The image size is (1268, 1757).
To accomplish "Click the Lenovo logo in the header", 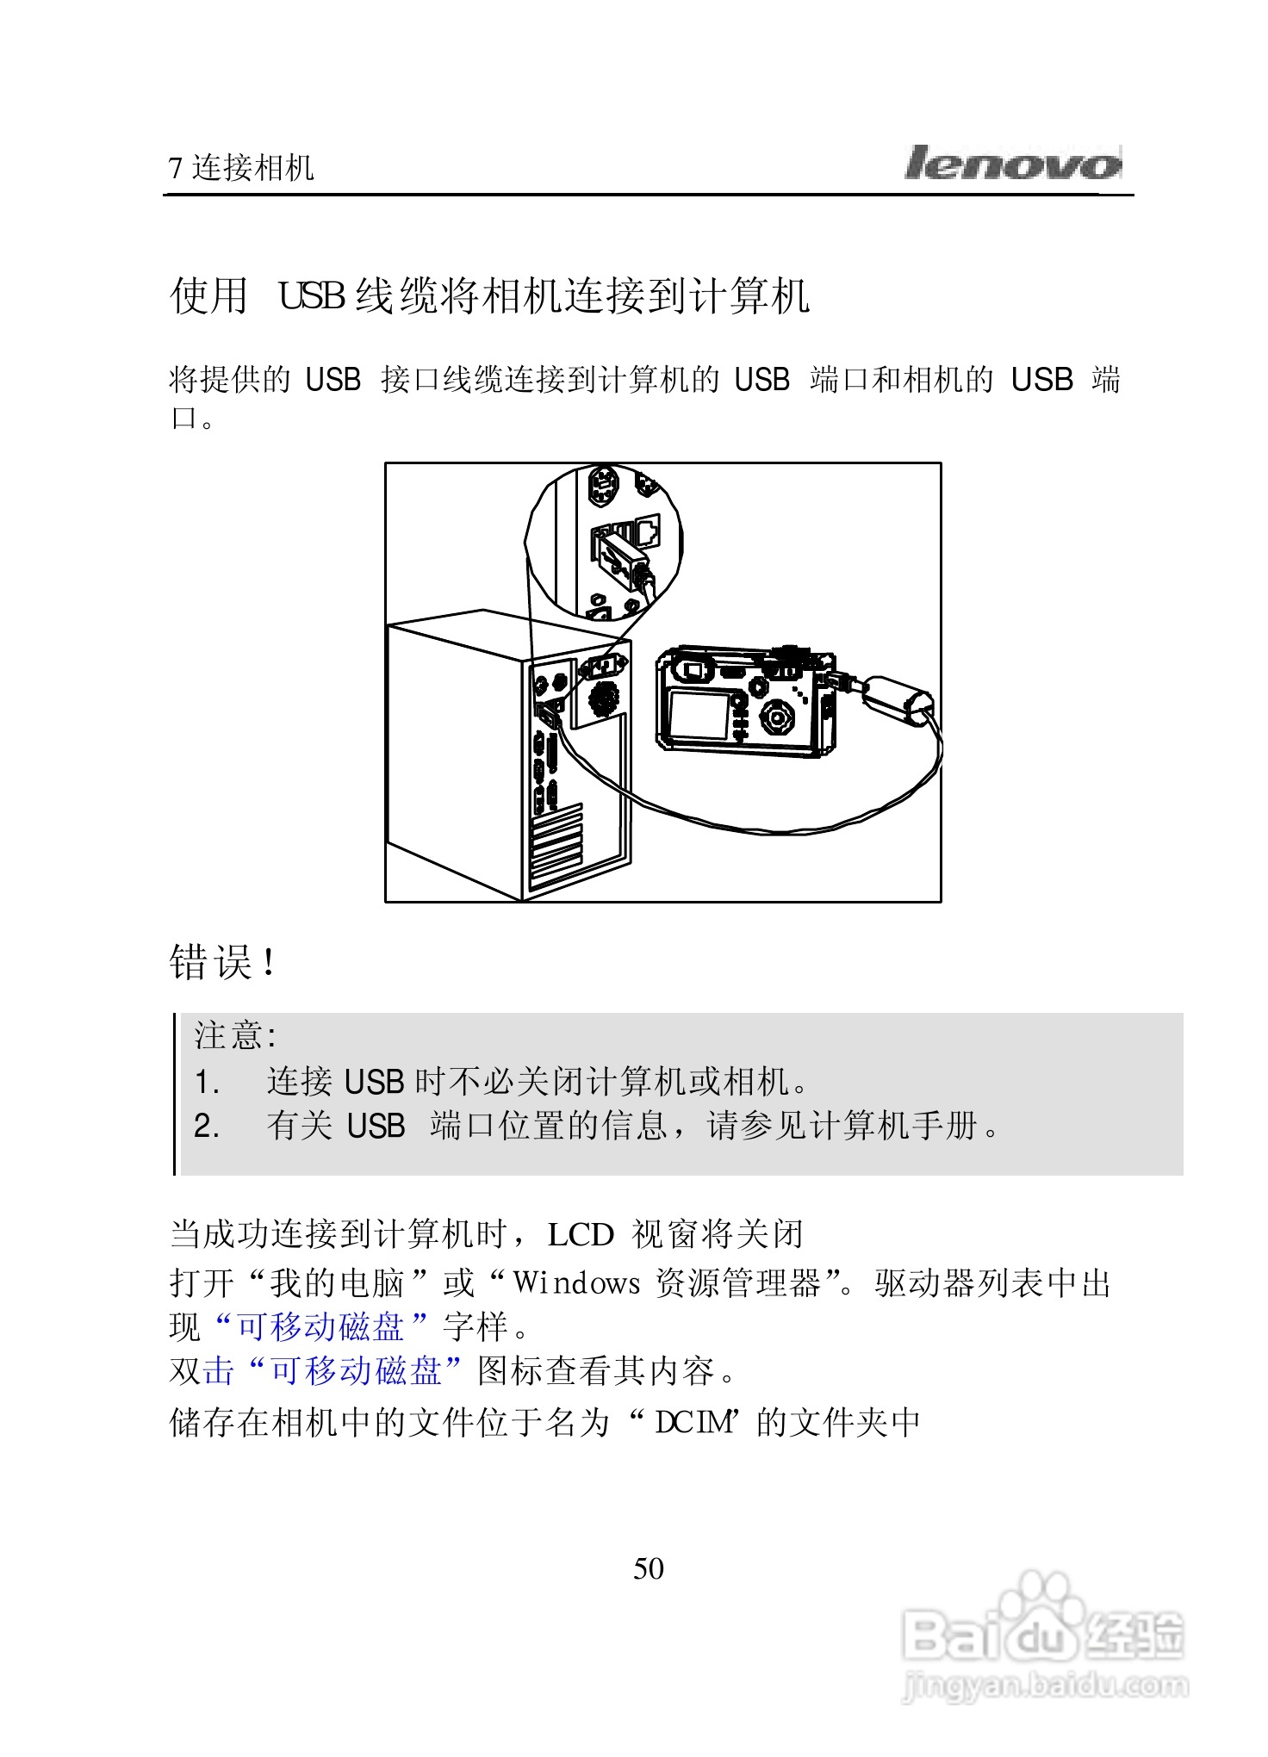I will pyautogui.click(x=1012, y=163).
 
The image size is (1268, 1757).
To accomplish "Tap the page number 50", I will pyautogui.click(x=648, y=1568).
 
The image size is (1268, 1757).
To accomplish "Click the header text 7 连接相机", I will pyautogui.click(x=241, y=168).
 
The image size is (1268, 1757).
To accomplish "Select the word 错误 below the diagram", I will pyautogui.click(x=211, y=962).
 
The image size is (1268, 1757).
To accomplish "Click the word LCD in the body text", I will pyautogui.click(x=581, y=1235).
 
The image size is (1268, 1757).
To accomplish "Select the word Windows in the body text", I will pyautogui.click(x=576, y=1283).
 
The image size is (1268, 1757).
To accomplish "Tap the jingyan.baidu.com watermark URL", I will pyautogui.click(x=1044, y=1684).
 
